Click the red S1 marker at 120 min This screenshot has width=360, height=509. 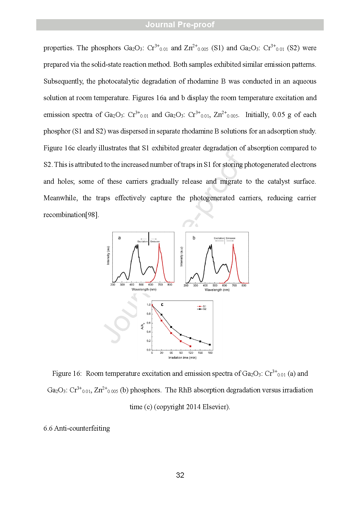pyautogui.click(x=190, y=346)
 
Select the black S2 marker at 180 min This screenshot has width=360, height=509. pyautogui.click(x=210, y=345)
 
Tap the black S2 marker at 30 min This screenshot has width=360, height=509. pyautogui.click(x=162, y=315)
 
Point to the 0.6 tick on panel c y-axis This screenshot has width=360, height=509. pyautogui.click(x=149, y=323)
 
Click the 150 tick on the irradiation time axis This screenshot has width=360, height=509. pyautogui.click(x=200, y=353)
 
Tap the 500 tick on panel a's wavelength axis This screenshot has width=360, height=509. pyautogui.click(x=141, y=285)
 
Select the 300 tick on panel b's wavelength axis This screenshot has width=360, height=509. pyautogui.click(x=196, y=286)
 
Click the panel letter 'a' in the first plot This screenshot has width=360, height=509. pyautogui.click(x=119, y=238)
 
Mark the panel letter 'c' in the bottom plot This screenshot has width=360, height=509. pyautogui.click(x=162, y=305)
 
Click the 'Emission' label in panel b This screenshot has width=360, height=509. pyautogui.click(x=231, y=238)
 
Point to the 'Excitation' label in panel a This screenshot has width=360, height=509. pyautogui.click(x=142, y=241)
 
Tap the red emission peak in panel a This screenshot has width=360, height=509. pyautogui.click(x=159, y=244)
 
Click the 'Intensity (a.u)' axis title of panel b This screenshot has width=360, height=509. pyautogui.click(x=182, y=257)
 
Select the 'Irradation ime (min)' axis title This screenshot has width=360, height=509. pyautogui.click(x=182, y=358)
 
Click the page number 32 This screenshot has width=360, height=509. pyautogui.click(x=180, y=475)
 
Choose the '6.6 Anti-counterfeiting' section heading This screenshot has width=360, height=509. pyautogui.click(x=77, y=428)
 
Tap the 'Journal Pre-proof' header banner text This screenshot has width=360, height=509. pyautogui.click(x=180, y=25)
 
